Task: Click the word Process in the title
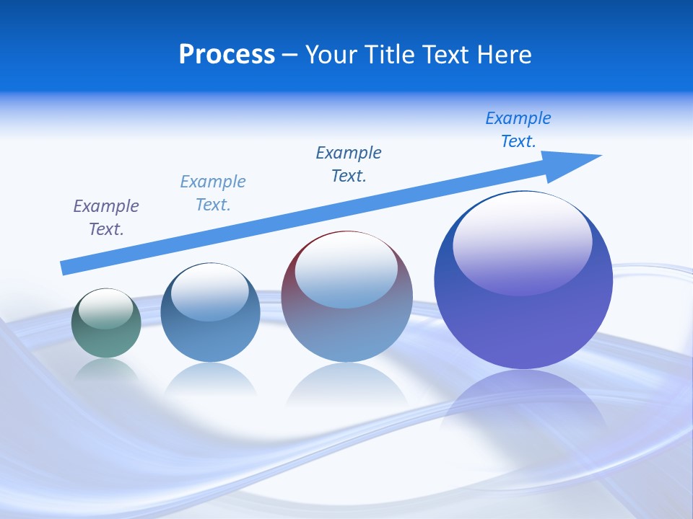tap(227, 55)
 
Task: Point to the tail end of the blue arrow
tap(65, 267)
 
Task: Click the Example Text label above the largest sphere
tap(518, 130)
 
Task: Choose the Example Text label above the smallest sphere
tap(106, 218)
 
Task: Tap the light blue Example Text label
tap(213, 193)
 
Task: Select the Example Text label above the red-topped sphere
tap(349, 164)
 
